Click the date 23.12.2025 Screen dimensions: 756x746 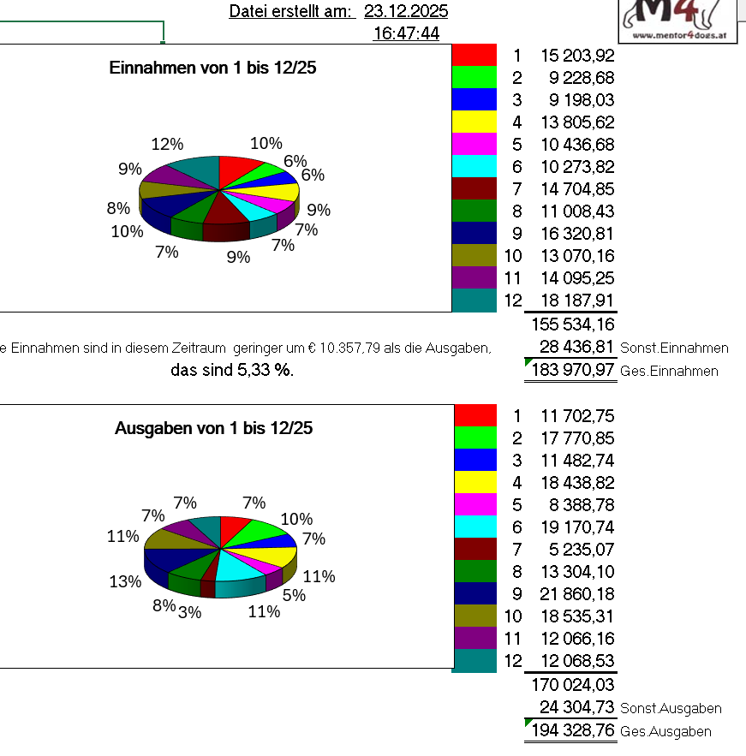(x=405, y=11)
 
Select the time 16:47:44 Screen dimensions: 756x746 (x=406, y=33)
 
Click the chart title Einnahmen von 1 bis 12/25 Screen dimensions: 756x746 (x=213, y=68)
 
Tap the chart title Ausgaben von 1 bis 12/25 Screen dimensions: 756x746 (x=213, y=428)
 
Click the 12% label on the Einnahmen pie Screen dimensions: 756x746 (x=167, y=144)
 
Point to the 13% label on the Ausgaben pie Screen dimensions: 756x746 (x=125, y=581)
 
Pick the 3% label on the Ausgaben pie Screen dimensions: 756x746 (x=189, y=611)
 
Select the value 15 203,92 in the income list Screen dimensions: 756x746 (x=577, y=56)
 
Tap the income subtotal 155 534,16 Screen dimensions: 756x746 (x=573, y=324)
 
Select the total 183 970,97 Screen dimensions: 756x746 (x=573, y=370)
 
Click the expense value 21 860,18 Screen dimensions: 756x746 (x=577, y=594)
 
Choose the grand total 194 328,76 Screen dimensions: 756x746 (x=573, y=730)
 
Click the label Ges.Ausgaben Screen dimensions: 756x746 (x=665, y=731)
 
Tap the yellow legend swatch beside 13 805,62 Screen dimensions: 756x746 (x=474, y=122)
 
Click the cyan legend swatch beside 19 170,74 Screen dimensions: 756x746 (x=474, y=527)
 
